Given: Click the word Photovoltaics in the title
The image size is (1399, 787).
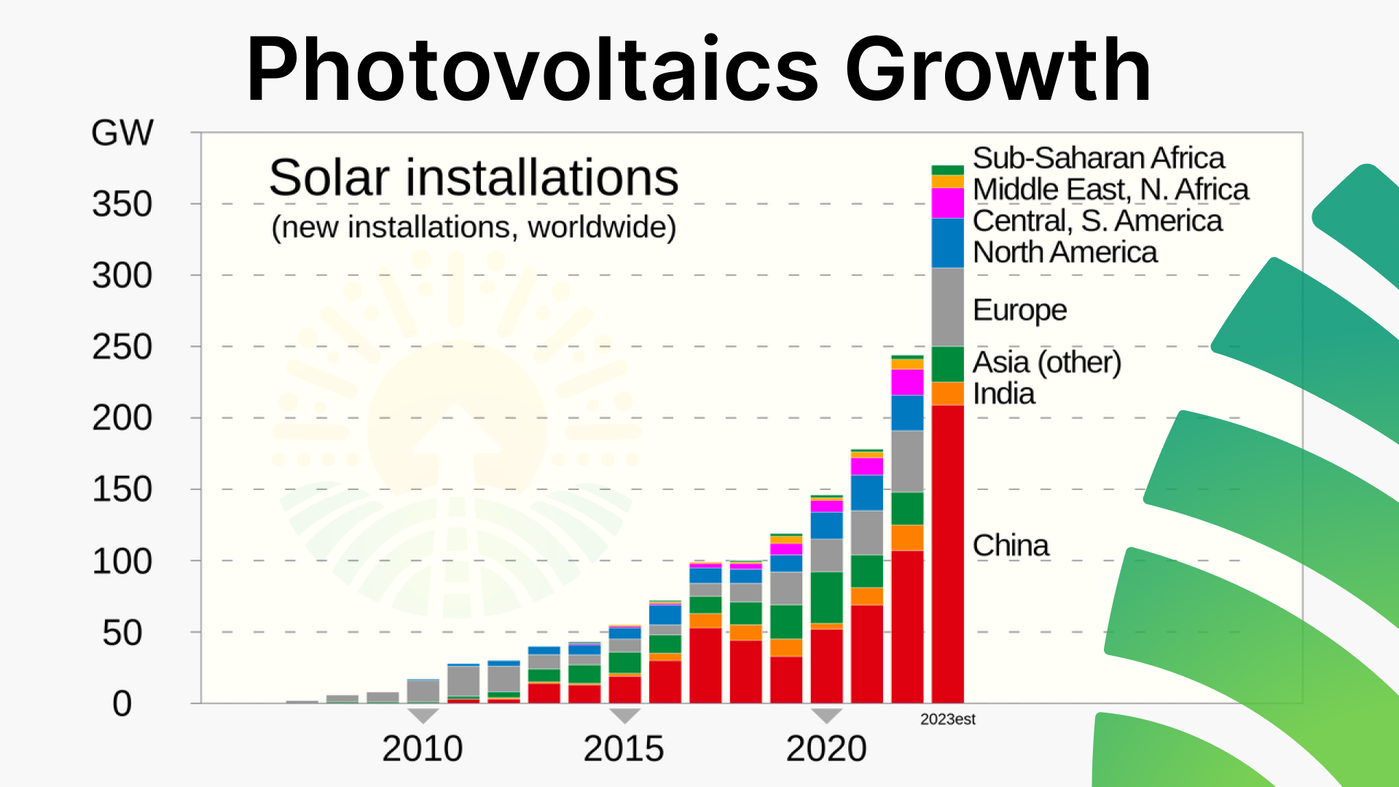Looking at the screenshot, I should [x=532, y=71].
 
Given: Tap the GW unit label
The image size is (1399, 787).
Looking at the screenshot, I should [x=122, y=133].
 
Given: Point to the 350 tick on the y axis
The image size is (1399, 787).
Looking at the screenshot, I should [x=122, y=204].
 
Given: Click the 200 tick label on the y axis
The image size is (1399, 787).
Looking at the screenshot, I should [x=122, y=418].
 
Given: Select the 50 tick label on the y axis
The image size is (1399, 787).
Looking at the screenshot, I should [x=122, y=633].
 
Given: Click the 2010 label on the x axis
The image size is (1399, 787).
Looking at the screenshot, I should [x=422, y=748].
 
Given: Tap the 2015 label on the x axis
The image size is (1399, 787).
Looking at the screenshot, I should [x=624, y=748].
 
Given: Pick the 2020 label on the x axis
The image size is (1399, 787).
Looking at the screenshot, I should [x=826, y=748].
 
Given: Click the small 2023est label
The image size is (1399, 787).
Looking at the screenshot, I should [x=947, y=719].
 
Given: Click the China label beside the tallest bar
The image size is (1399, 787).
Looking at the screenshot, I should [x=1011, y=545].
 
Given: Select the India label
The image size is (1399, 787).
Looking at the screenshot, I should [x=1003, y=393].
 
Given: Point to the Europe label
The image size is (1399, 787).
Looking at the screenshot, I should [x=1019, y=310].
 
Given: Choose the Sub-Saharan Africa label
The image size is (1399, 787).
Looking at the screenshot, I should [x=1098, y=158].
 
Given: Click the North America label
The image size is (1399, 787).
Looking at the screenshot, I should [x=1065, y=252].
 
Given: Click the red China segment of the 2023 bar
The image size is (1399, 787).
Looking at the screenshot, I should [x=947, y=554].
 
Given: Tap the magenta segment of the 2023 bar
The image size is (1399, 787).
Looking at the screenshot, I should [x=947, y=203].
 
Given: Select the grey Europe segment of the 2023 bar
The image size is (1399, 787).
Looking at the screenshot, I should [x=947, y=306].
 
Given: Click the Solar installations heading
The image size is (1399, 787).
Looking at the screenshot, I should [x=474, y=178].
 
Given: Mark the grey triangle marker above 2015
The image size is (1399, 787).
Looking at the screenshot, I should [x=624, y=715].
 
